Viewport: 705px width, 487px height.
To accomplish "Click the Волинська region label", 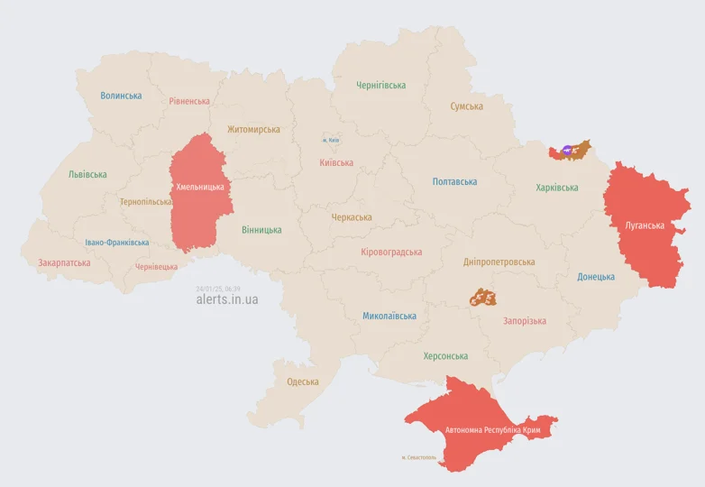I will click(121, 96).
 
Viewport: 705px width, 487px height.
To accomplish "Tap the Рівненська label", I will click(189, 101).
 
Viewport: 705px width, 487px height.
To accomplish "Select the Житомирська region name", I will click(253, 129).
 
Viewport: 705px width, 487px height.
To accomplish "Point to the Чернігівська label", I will click(380, 86).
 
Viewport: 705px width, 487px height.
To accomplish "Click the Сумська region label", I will click(466, 106).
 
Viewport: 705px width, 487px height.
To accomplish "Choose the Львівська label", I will click(87, 174).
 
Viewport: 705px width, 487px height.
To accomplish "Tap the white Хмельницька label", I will click(199, 187).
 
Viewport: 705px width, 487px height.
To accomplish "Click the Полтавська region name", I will click(454, 181).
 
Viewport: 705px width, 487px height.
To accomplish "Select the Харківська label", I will click(556, 188).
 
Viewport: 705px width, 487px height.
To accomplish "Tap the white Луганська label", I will click(645, 225).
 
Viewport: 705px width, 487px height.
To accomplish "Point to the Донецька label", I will click(596, 277).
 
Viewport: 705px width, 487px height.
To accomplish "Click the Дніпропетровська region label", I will click(499, 262).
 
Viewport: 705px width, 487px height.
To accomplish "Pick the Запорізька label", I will click(524, 321).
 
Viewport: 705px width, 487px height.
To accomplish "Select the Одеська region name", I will click(303, 381).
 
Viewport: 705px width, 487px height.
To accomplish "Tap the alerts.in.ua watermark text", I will click(226, 299).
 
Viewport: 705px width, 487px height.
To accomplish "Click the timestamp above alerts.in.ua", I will click(217, 289).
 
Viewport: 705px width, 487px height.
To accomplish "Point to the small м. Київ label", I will click(331, 140).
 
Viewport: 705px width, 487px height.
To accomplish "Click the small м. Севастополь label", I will click(418, 457).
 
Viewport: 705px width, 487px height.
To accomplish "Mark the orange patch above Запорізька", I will click(482, 297).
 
